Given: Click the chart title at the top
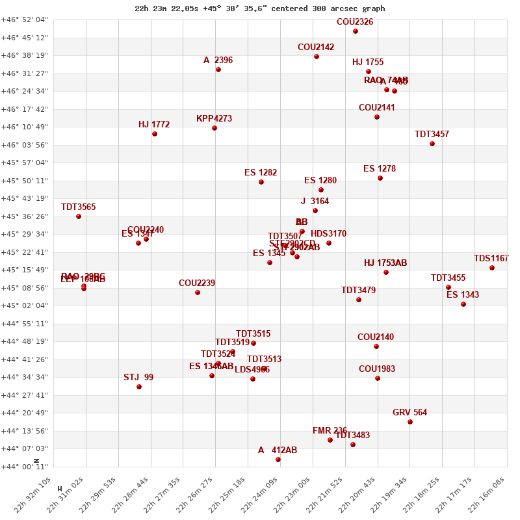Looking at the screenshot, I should coord(260,8).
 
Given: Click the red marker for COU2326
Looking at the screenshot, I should coord(356,31).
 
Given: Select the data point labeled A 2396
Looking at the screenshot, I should coord(218,70).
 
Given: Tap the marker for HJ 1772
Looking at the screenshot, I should coord(155,134).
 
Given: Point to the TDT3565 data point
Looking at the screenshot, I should coord(79,216).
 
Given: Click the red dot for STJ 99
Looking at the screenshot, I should coord(139,387).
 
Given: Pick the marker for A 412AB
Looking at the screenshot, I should coord(278,460).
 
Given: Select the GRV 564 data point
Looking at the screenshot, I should coord(410,422).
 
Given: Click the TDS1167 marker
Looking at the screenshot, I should coord(492,268).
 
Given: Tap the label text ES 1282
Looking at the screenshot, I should coord(261,173).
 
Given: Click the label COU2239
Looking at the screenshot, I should coord(197,283).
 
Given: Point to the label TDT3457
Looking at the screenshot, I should coord(432,135).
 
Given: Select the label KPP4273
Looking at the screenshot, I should coord(214,119).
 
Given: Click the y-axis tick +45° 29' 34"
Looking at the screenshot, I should coord(25,234).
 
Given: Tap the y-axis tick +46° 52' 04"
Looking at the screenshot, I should coord(25,19).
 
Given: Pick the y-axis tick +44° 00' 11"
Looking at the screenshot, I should coord(25,466).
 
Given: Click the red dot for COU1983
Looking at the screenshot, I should coord(378,378).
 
